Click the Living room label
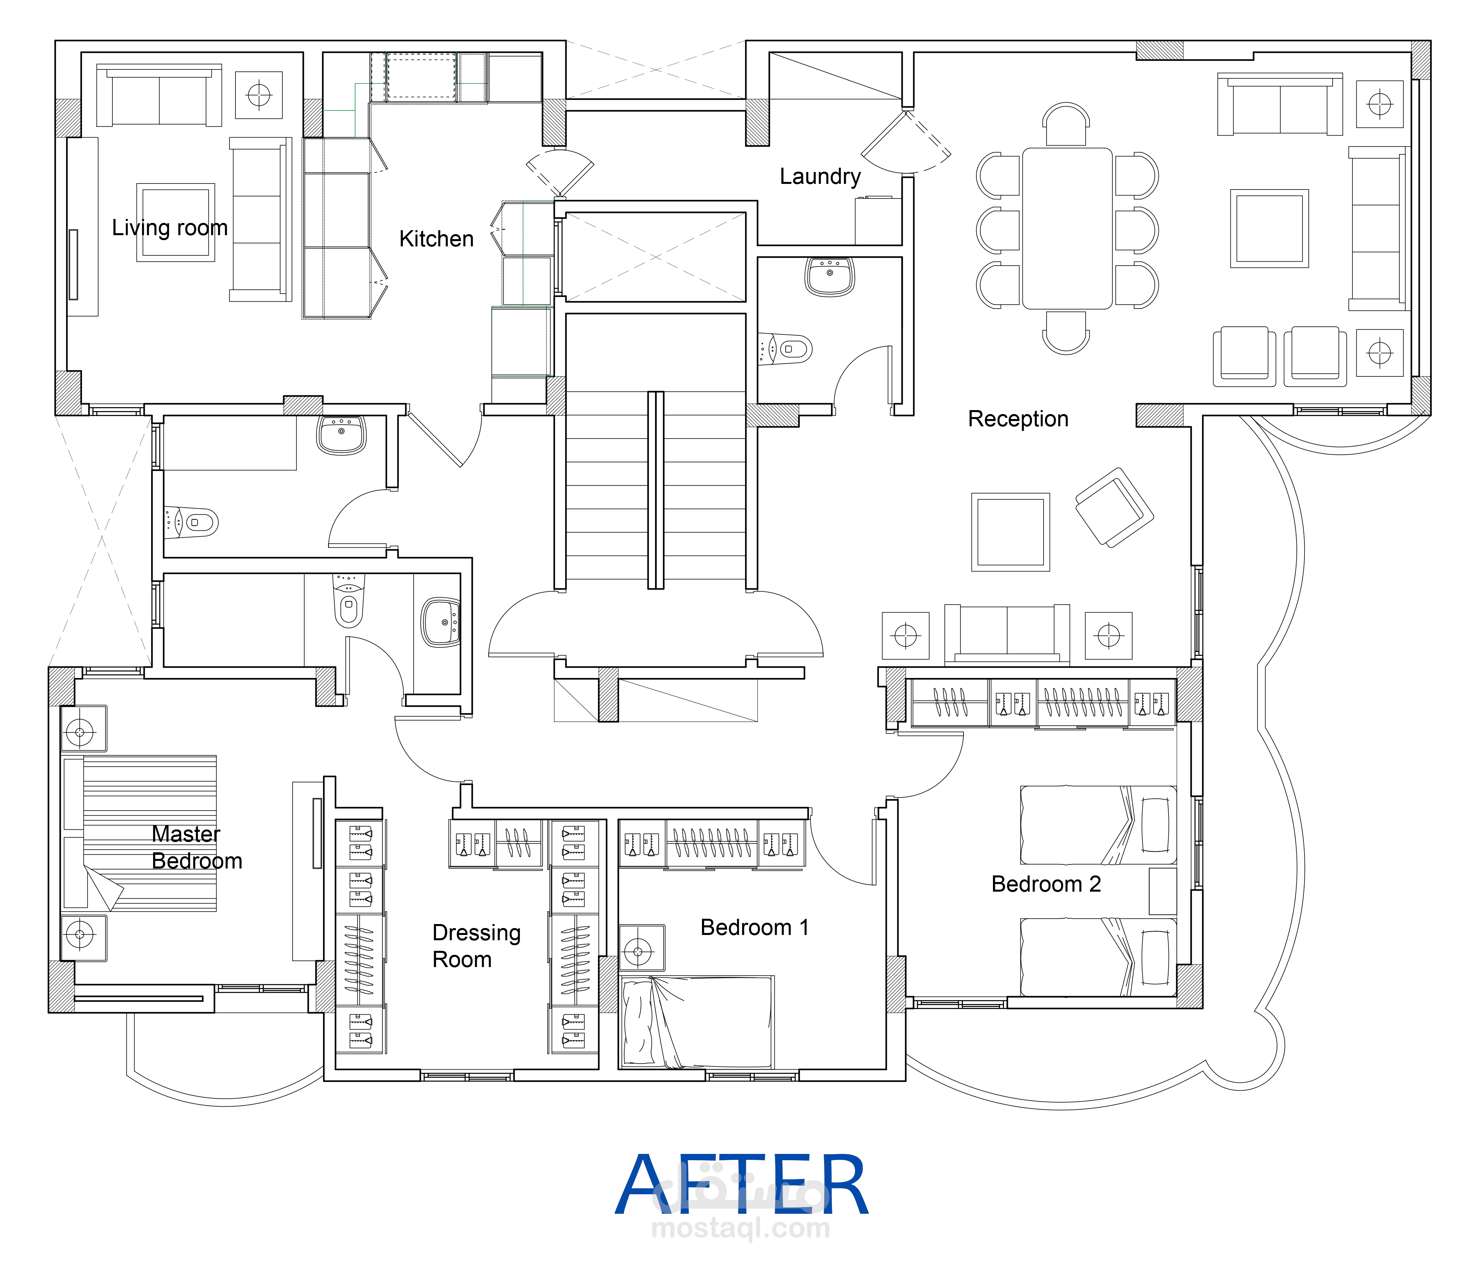170,228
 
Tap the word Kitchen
436,239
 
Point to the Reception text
1018,418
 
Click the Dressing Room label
476,946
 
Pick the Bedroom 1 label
755,928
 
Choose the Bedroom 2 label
1046,884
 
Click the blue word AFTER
742,1186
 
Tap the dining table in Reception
1067,228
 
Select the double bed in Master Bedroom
143,833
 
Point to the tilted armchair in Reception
1114,507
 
